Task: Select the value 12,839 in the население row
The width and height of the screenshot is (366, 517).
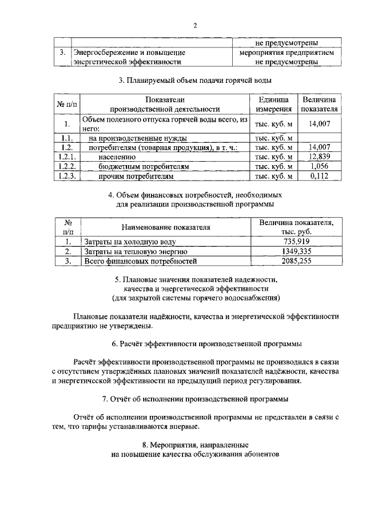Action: [x=320, y=157]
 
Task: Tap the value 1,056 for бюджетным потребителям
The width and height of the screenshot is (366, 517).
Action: [x=320, y=166]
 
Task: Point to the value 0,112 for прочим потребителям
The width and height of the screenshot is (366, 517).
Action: [x=320, y=176]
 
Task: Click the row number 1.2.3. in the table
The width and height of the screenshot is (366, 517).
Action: [x=67, y=176]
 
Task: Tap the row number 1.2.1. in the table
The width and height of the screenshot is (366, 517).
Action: [x=67, y=157]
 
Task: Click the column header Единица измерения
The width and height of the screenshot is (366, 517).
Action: [x=274, y=104]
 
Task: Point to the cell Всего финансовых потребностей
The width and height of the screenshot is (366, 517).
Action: [x=141, y=261]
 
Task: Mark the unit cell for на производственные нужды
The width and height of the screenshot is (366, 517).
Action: [x=274, y=138]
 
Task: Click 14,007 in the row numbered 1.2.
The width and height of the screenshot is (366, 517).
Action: [x=320, y=147]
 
